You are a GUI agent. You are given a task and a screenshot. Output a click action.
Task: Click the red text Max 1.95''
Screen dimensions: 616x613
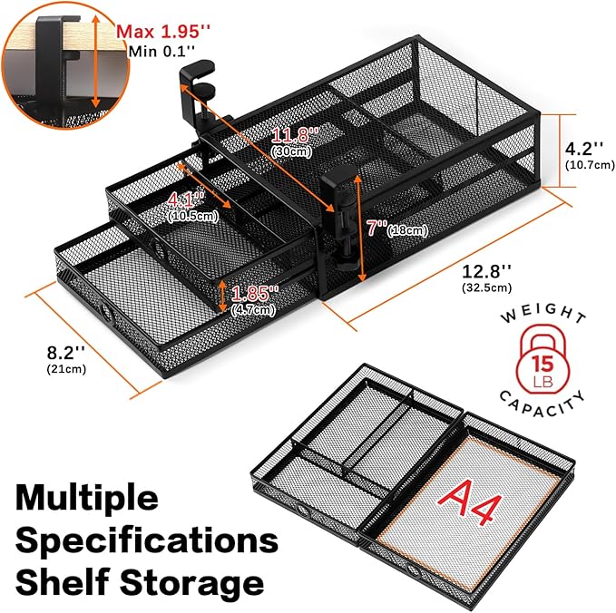(163, 31)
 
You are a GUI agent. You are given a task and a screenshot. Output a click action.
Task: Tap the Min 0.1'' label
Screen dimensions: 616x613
(161, 52)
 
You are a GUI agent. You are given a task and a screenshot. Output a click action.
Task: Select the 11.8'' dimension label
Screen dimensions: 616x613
(295, 135)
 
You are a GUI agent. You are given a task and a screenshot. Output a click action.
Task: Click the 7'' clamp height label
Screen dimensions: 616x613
(376, 228)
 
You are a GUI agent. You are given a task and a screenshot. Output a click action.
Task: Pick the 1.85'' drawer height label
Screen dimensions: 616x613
(255, 293)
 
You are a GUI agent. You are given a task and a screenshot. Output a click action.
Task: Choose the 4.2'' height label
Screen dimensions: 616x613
(583, 149)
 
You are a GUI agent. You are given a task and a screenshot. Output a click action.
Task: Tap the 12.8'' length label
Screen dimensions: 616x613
(487, 271)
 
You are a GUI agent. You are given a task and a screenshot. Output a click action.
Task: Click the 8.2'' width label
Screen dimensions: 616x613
(66, 353)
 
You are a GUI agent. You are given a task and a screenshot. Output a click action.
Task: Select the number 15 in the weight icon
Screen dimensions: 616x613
(543, 364)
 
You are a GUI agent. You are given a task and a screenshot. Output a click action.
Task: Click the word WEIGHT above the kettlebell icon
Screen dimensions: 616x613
(543, 313)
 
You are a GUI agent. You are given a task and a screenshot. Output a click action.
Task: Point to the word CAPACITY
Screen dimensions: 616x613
(543, 404)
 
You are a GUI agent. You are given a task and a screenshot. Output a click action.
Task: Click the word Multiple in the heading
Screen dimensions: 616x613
(87, 498)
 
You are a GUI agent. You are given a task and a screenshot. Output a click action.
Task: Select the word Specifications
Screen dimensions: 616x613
(147, 540)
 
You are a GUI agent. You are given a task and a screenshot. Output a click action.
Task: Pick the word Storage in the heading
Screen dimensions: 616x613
(192, 583)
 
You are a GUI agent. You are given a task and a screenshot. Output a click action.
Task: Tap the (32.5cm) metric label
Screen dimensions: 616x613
(487, 287)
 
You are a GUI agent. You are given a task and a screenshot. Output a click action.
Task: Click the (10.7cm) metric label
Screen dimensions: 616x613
(590, 164)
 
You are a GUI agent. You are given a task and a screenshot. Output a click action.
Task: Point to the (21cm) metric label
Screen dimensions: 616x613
(66, 369)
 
